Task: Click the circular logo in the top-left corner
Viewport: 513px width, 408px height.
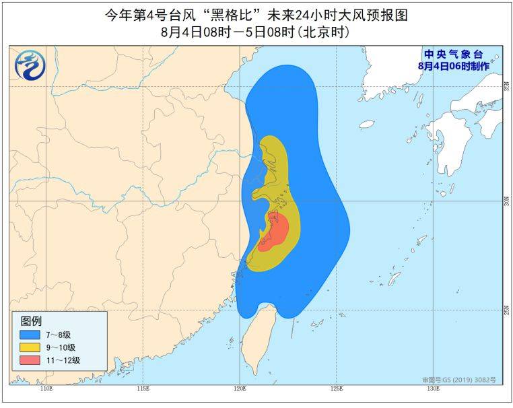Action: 28,65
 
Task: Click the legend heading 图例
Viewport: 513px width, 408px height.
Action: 31,320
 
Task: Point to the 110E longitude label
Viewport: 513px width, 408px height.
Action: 46,389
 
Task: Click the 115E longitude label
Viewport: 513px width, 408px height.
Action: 143,389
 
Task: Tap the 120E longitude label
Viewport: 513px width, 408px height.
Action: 240,389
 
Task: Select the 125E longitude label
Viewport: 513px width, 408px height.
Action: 337,389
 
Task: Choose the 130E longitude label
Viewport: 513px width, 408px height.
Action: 434,389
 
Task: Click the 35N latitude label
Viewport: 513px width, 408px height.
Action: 507,86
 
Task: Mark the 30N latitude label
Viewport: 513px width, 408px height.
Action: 507,201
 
